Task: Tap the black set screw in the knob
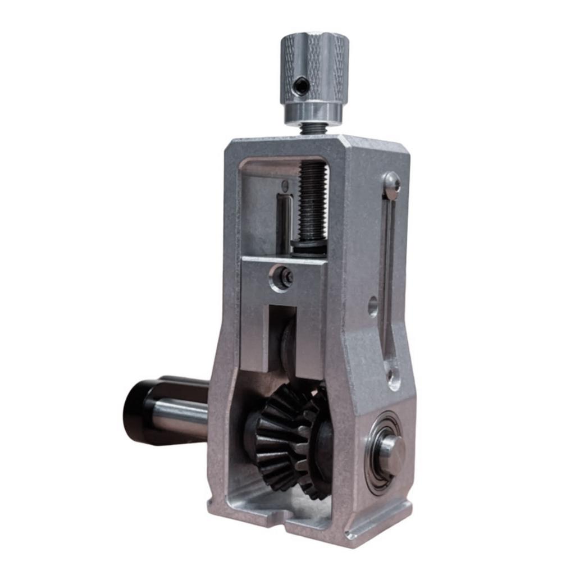click(x=301, y=86)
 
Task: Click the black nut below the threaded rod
click(x=309, y=245)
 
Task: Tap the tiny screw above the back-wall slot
click(x=285, y=186)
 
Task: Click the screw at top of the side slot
click(x=392, y=182)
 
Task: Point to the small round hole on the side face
click(x=373, y=307)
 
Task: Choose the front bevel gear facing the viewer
click(x=278, y=438)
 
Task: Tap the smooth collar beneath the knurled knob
click(x=313, y=113)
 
